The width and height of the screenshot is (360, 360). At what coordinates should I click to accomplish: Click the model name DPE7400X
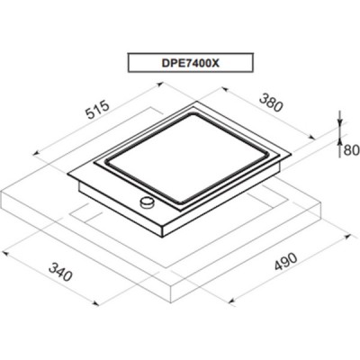click(191, 63)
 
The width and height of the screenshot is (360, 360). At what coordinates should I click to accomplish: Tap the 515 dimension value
click(96, 110)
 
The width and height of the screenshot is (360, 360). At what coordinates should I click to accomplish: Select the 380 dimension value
click(271, 103)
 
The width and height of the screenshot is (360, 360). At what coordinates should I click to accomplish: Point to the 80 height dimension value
click(351, 150)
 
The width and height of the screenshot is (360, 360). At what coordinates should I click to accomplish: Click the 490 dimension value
click(285, 262)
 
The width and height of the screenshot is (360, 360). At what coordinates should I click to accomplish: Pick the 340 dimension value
click(60, 272)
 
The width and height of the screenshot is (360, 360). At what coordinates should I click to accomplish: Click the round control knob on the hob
click(147, 202)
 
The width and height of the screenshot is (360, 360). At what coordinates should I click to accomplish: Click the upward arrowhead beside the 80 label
click(339, 142)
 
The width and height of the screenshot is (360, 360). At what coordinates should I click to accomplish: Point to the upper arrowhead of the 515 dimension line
click(159, 85)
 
